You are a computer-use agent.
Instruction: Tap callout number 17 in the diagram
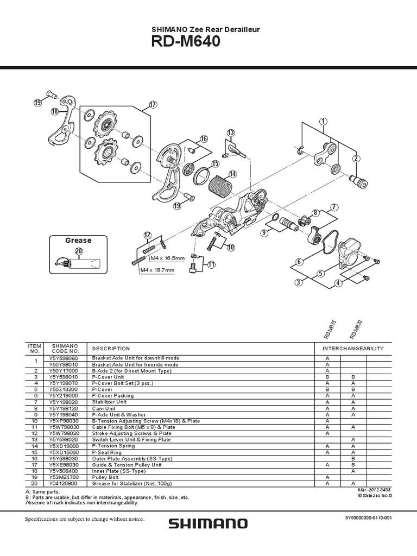(152, 104)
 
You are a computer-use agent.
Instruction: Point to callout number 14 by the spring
(232, 174)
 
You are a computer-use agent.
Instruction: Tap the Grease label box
(78, 240)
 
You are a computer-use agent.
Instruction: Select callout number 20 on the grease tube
(79, 251)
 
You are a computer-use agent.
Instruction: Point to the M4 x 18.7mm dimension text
(157, 270)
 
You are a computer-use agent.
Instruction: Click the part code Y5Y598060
(65, 358)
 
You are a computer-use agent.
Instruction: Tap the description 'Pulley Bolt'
(106, 477)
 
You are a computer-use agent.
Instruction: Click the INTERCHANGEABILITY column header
(353, 348)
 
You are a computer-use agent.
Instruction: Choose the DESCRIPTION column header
(111, 348)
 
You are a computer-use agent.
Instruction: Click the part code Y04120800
(65, 483)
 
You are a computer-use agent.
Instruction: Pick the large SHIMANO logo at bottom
(208, 523)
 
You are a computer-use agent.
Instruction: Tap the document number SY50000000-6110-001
(368, 518)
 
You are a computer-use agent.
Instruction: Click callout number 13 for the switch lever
(231, 133)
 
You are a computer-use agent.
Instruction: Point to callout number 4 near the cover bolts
(338, 283)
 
